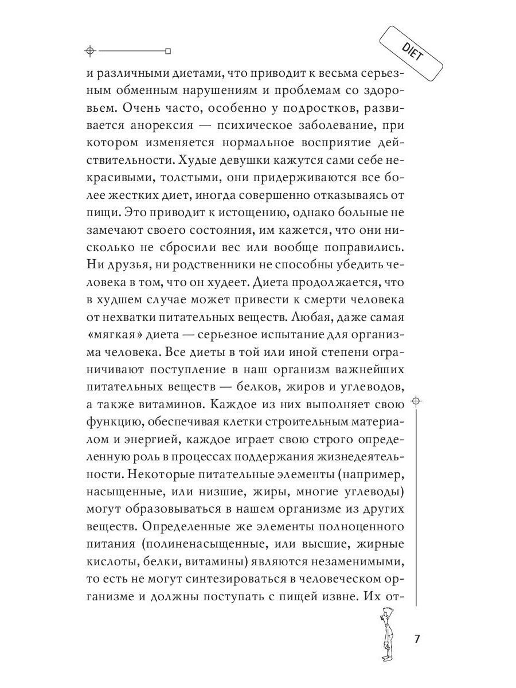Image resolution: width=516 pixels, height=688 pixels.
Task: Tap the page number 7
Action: pos(417,639)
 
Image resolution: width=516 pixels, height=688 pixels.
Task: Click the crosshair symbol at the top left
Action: pos(89,51)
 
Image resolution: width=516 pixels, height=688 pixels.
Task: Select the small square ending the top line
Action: pos(167,51)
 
